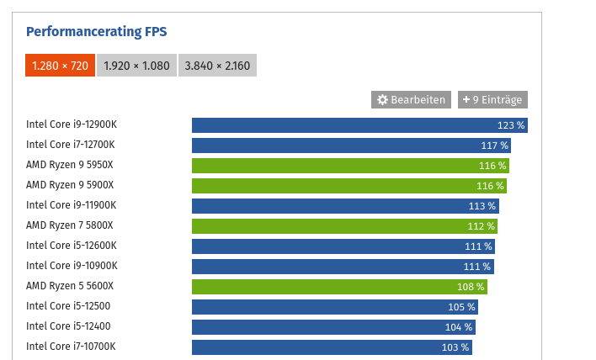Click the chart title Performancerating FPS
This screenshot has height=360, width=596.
(x=97, y=32)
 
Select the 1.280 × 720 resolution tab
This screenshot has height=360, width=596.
(x=59, y=66)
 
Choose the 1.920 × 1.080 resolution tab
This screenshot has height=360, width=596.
(x=136, y=66)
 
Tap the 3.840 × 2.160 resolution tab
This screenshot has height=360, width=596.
(x=217, y=66)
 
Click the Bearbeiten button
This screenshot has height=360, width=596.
(x=411, y=99)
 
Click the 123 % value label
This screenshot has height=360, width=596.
(x=511, y=125)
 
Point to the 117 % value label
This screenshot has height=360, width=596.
(x=494, y=146)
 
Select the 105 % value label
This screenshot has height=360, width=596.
(x=461, y=307)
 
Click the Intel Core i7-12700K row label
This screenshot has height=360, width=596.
(x=71, y=145)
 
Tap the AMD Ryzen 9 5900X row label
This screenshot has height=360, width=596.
(x=70, y=185)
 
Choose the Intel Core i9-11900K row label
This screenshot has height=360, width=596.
(x=71, y=205)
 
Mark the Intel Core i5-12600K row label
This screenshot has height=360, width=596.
(x=71, y=246)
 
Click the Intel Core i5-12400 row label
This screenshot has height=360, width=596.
(x=68, y=326)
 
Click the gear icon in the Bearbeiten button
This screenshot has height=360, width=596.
(x=382, y=99)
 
